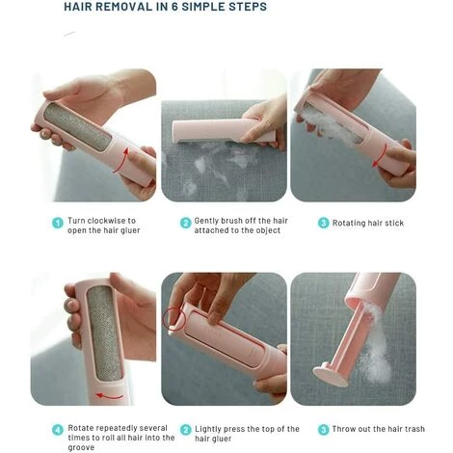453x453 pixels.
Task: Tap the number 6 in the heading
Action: tap(174, 7)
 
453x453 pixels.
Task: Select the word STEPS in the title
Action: tap(248, 7)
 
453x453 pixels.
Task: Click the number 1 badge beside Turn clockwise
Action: tap(58, 223)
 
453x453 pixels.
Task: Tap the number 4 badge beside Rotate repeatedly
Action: tap(58, 430)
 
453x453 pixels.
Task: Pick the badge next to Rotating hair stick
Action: tap(323, 223)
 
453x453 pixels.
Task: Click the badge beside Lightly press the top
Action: tap(186, 430)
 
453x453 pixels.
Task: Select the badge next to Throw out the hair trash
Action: tap(323, 429)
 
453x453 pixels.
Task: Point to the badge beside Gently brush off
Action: tap(186, 223)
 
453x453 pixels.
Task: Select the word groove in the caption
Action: tap(81, 447)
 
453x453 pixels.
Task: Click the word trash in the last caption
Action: tap(414, 429)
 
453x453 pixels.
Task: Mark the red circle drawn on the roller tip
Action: tap(164, 318)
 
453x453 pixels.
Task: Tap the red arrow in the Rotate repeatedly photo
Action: tap(110, 396)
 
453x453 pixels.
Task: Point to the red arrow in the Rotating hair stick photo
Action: tap(380, 155)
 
